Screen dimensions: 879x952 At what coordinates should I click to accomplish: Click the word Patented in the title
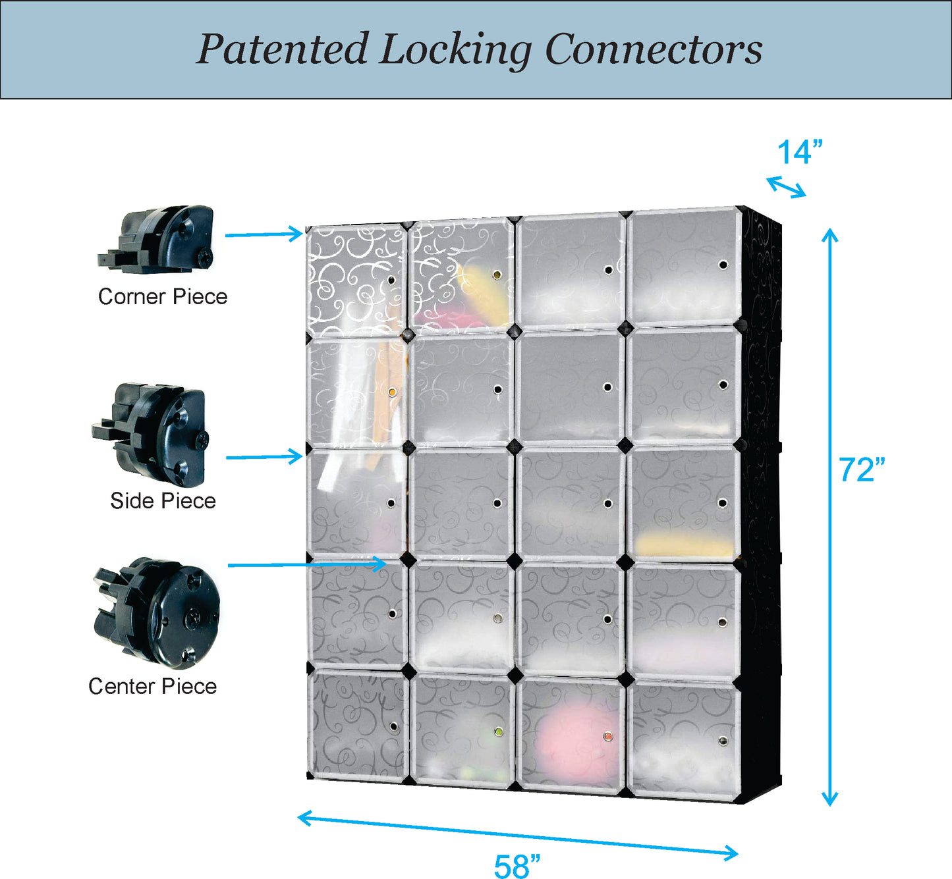pos(282,49)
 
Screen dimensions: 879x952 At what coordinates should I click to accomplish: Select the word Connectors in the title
pos(654,49)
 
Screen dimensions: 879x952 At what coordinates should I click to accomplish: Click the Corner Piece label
pos(163,296)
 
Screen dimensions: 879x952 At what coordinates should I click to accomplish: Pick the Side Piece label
pos(163,500)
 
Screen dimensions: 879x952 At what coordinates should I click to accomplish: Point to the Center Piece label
pos(152,686)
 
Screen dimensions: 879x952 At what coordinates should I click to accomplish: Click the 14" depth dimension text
pos(800,153)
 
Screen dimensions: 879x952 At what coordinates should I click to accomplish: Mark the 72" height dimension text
pos(862,470)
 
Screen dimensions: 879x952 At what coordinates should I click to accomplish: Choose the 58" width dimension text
pos(517,865)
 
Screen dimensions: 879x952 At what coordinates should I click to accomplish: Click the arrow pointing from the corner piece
pos(264,234)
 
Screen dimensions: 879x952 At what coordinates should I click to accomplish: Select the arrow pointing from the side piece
pos(264,457)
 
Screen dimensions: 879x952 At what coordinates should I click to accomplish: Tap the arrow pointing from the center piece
pos(306,565)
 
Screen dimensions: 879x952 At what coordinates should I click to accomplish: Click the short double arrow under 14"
pos(786,187)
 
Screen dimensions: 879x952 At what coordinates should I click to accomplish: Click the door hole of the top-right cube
pos(723,265)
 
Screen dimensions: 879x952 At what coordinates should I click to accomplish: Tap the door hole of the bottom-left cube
pos(393,727)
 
